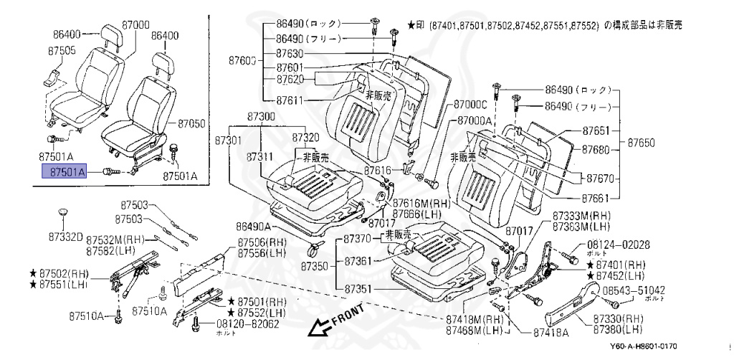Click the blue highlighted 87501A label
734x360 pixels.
(x=65, y=172)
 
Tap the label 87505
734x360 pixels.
(x=62, y=51)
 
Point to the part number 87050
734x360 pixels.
(x=191, y=123)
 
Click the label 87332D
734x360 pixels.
(x=66, y=236)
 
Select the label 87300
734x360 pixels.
(x=261, y=116)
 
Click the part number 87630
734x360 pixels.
(x=290, y=54)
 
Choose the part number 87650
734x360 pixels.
(x=642, y=143)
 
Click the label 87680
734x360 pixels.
(x=596, y=150)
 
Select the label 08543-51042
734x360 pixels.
(x=633, y=290)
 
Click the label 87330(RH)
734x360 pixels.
(x=618, y=318)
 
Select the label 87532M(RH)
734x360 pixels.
(x=115, y=240)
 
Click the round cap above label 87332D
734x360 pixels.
(x=64, y=212)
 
